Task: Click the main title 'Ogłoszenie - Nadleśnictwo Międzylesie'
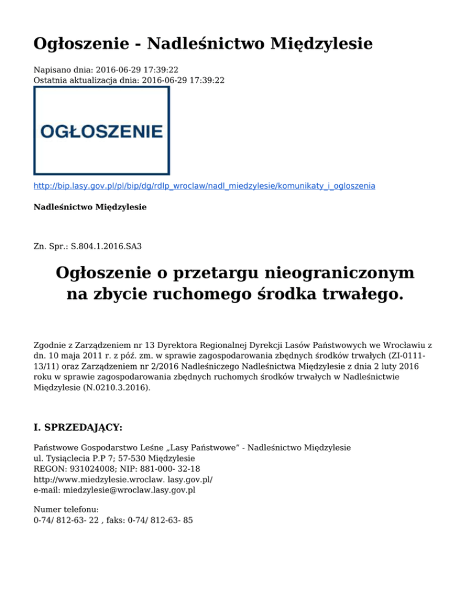[202, 44]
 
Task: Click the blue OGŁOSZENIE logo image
[101, 130]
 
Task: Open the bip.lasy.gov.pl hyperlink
[204, 184]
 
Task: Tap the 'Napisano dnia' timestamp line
[106, 70]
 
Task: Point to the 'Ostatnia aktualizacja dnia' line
[129, 80]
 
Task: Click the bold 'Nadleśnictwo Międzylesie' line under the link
[90, 207]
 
